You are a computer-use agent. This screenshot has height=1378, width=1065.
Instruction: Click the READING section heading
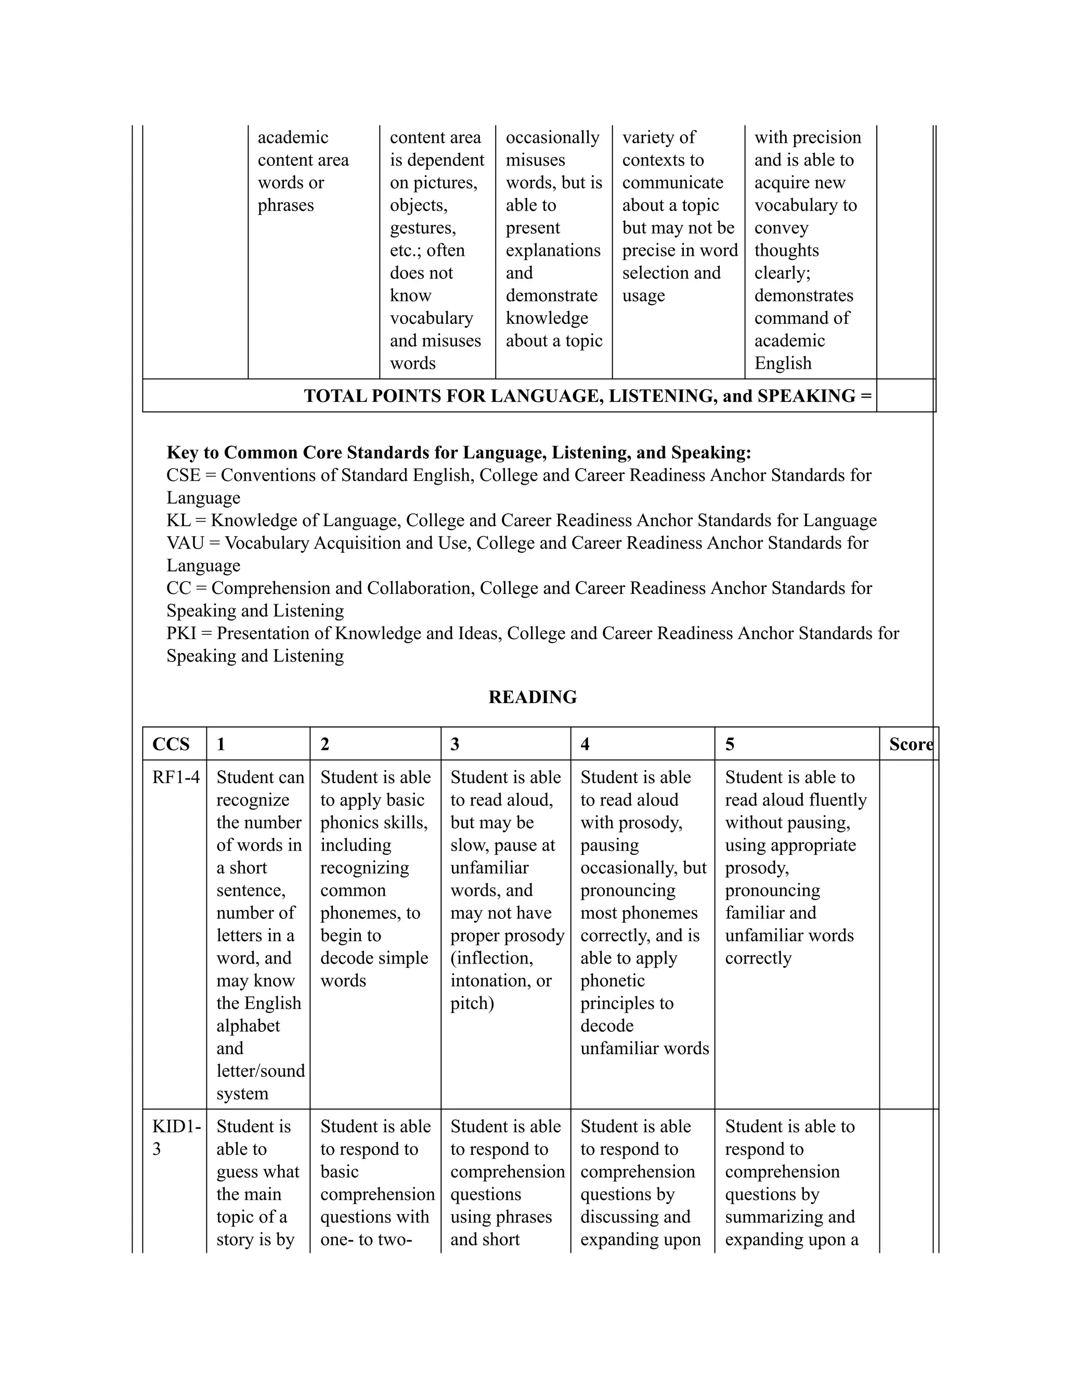coord(532,697)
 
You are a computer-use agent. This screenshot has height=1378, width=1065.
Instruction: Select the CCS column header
coord(171,745)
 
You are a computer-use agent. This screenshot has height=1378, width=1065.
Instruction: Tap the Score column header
coord(911,745)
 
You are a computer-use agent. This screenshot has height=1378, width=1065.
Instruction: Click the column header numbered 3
coord(454,745)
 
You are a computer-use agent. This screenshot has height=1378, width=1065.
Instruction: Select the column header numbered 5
coord(730,745)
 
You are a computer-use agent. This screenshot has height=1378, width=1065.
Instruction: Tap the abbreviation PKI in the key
coord(181,633)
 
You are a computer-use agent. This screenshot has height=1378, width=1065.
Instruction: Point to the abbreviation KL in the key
coord(178,521)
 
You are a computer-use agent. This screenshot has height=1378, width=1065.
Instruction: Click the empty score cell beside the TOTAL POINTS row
coord(904,396)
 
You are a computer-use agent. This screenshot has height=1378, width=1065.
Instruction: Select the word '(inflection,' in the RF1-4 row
coord(491,958)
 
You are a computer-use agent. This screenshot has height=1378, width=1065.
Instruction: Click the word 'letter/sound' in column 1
coord(260,1071)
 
